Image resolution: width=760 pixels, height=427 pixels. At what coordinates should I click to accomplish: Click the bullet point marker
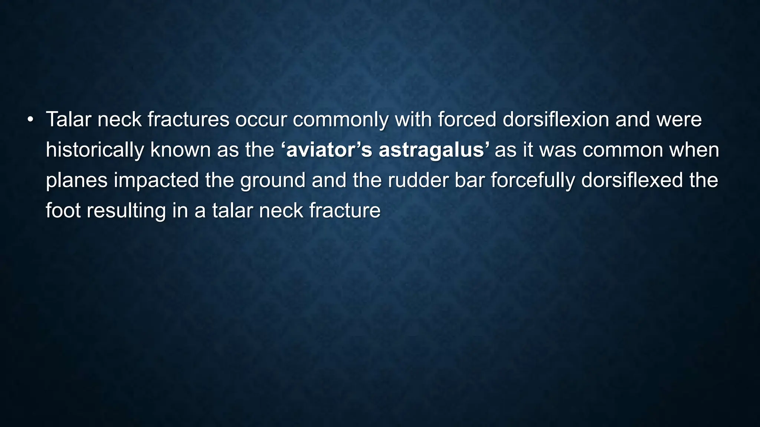click(30, 120)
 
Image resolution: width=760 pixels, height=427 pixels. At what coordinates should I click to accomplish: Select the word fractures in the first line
click(188, 120)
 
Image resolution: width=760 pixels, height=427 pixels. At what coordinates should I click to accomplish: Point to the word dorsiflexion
click(556, 120)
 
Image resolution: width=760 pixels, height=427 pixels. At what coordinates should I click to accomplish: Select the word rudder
click(418, 181)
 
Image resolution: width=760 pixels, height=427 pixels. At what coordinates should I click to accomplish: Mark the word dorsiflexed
click(632, 181)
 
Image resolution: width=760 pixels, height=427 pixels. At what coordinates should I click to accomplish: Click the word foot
click(63, 211)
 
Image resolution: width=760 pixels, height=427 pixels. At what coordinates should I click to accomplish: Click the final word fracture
click(345, 211)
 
